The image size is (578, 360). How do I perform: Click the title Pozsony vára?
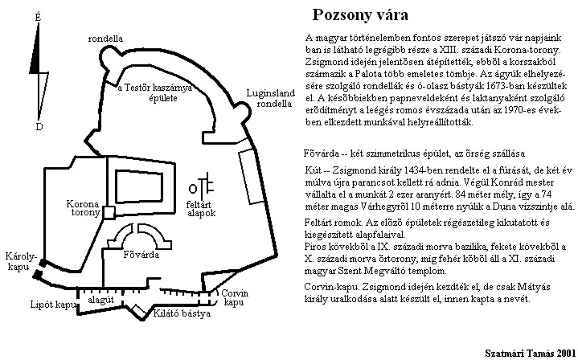(359, 14)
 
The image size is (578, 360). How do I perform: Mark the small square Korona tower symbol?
(109, 211)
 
